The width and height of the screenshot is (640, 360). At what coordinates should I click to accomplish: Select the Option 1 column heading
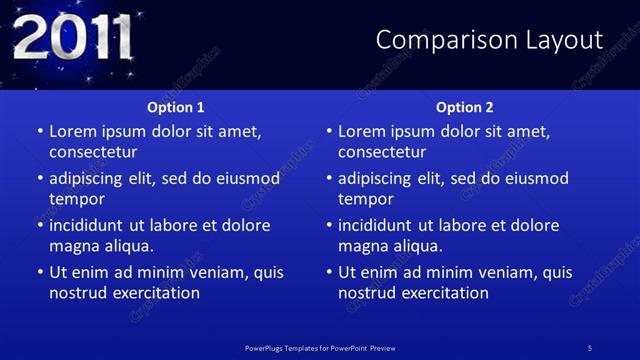tap(176, 107)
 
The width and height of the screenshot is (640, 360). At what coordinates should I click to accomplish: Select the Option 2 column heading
tap(465, 107)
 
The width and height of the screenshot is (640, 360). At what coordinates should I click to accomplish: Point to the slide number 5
tap(590, 347)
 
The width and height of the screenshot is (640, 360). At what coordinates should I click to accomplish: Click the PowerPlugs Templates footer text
tap(320, 347)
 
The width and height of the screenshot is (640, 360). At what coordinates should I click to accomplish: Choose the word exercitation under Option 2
tap(441, 293)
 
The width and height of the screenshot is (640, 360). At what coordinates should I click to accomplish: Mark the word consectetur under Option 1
tap(93, 152)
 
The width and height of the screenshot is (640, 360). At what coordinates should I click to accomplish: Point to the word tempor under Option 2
tap(364, 199)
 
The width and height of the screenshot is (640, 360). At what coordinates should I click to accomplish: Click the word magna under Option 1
tap(73, 246)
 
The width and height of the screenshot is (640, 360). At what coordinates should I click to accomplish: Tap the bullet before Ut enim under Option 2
tap(329, 272)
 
